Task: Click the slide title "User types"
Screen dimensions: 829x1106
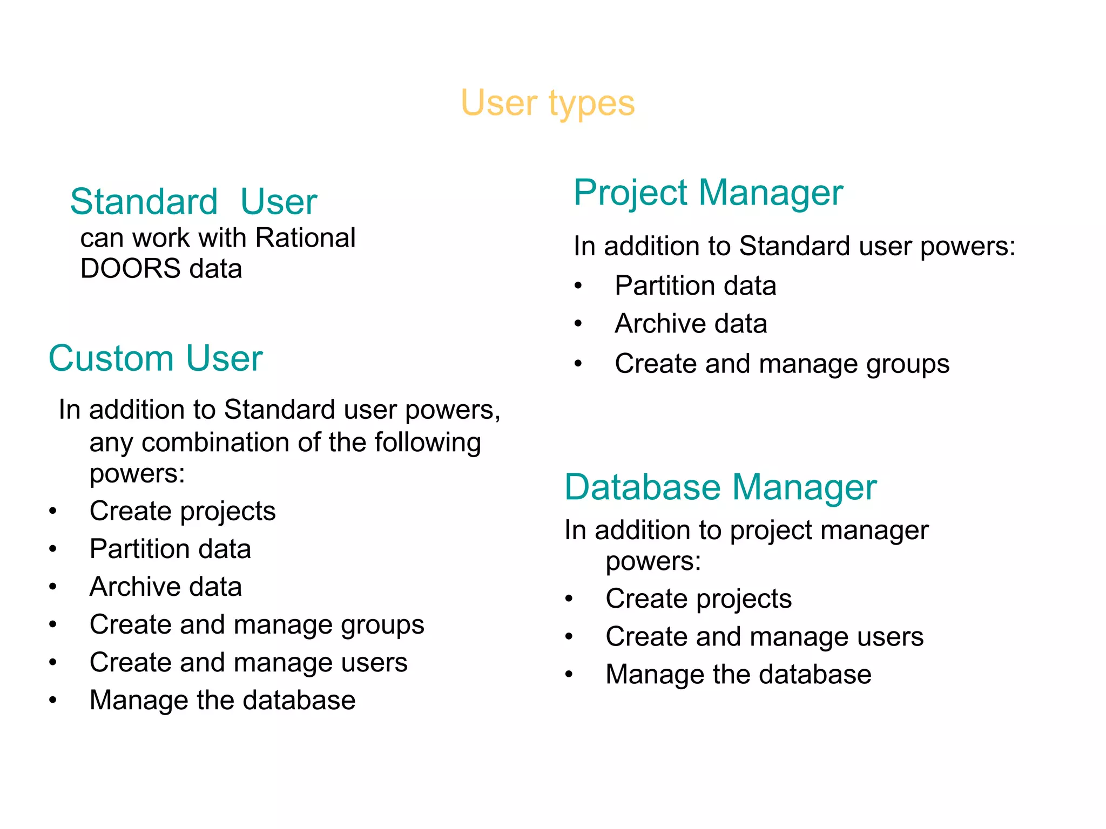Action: tap(548, 103)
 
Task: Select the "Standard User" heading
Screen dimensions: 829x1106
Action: tap(193, 202)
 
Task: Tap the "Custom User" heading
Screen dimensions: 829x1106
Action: tap(156, 358)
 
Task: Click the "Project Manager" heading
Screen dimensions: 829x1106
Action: tap(708, 193)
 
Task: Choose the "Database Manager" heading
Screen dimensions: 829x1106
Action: tap(720, 487)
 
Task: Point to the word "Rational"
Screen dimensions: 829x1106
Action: tap(305, 238)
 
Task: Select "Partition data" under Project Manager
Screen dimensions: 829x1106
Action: tap(696, 286)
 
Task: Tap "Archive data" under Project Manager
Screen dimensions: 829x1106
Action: tap(691, 324)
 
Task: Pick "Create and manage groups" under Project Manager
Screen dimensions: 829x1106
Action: tap(782, 364)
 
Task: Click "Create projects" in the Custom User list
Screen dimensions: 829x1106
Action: tap(183, 511)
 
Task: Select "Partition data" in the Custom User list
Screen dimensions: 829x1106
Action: tap(170, 549)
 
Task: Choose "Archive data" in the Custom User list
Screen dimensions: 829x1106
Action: tap(166, 587)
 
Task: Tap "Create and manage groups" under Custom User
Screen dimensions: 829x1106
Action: tap(257, 625)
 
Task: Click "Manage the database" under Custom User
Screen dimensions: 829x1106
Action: tap(222, 701)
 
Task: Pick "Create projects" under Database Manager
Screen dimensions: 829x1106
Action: tap(699, 599)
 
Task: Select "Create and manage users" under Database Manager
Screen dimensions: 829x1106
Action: tap(765, 637)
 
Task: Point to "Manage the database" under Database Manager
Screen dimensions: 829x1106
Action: tap(739, 675)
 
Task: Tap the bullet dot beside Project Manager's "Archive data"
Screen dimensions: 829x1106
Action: tap(578, 324)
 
